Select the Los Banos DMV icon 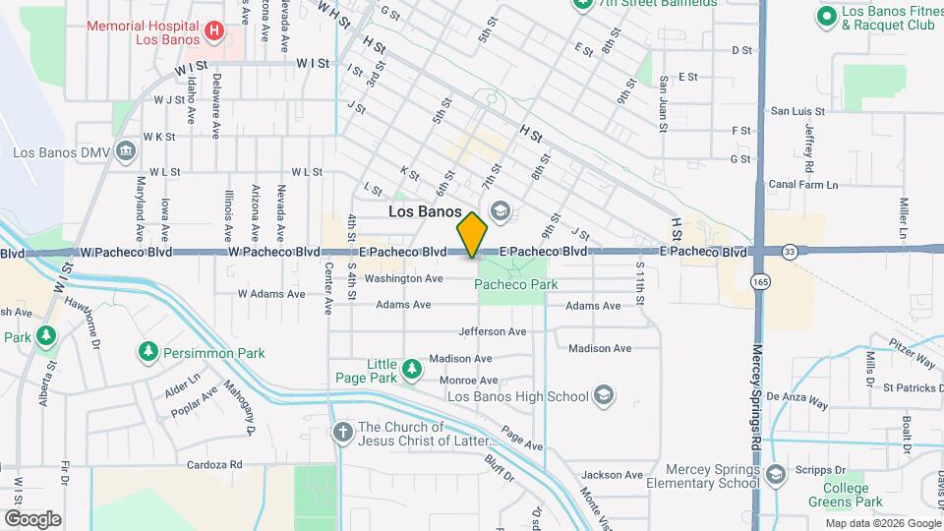(125, 151)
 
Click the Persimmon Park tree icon (147, 351)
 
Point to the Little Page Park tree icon (412, 370)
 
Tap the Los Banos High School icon (604, 396)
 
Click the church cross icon (342, 433)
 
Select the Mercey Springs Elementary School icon (775, 476)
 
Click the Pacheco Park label (516, 284)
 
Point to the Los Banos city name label (425, 211)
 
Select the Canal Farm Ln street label (803, 184)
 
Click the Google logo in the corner (32, 518)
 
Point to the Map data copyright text (881, 523)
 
